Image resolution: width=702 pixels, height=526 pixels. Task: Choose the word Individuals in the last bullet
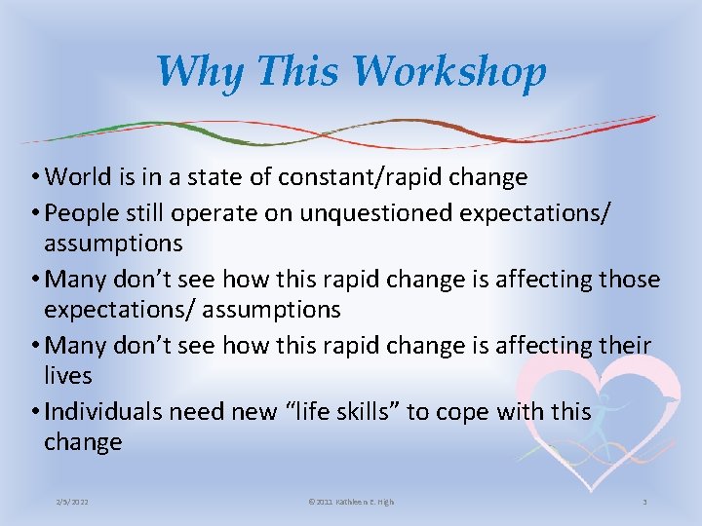[103, 411]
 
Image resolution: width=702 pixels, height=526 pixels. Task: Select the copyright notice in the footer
[350, 502]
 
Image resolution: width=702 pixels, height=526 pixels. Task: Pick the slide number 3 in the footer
[644, 502]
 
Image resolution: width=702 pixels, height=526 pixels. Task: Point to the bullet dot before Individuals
[36, 412]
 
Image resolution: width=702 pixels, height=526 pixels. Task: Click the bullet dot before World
[36, 178]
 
